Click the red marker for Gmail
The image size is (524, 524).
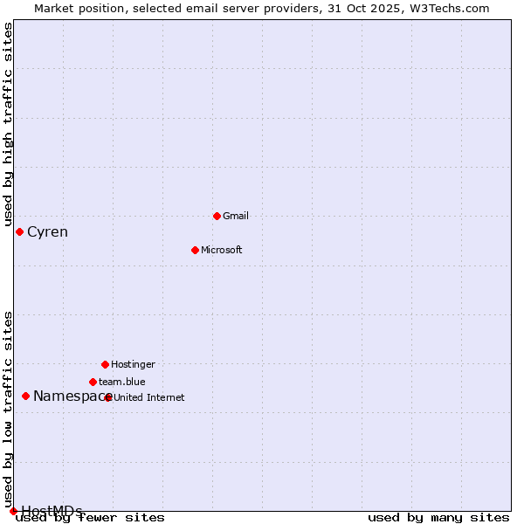coord(217,216)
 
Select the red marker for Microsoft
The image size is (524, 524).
coord(196,250)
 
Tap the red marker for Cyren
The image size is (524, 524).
coord(19,231)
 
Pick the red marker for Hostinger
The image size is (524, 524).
coord(105,364)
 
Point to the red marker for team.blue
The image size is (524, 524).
coord(93,382)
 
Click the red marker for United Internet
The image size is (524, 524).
coord(108,397)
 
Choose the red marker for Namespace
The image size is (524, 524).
coord(25,396)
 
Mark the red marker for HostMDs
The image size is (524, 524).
coord(13,511)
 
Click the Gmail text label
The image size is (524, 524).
coord(236,216)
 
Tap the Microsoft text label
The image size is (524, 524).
coord(222,250)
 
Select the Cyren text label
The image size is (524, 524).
coord(47,232)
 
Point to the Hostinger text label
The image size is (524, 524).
coord(133,364)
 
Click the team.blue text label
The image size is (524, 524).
coord(122,382)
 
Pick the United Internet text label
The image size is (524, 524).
coord(149,397)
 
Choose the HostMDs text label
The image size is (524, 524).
coord(52,511)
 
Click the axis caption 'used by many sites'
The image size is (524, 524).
coord(438,518)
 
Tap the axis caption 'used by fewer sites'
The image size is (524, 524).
coord(91,518)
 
